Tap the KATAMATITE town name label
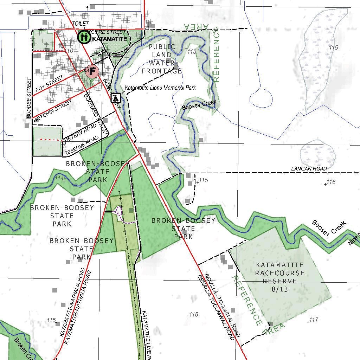pyautogui.click(x=109, y=39)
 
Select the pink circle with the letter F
pyautogui.click(x=92, y=71)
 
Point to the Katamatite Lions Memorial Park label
pyautogui.click(x=160, y=88)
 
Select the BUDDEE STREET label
pyautogui.click(x=29, y=98)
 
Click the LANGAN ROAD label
pyautogui.click(x=309, y=169)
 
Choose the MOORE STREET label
pyautogui.click(x=106, y=32)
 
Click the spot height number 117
pyautogui.click(x=313, y=320)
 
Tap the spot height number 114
pyautogui.click(x=59, y=179)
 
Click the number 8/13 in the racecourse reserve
pyautogui.click(x=280, y=289)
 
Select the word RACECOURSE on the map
pyautogui.click(x=280, y=273)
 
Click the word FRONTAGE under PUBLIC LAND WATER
pyautogui.click(x=162, y=71)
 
